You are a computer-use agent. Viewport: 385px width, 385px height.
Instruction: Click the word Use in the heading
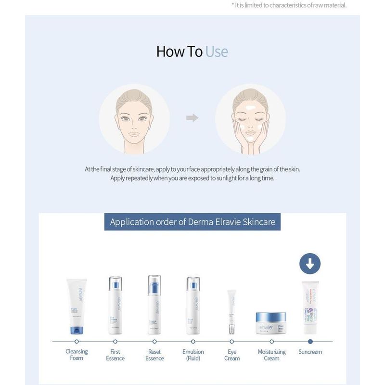click(217, 51)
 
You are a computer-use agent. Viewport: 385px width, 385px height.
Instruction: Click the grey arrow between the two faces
click(192, 118)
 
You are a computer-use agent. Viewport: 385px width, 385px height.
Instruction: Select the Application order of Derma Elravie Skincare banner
click(192, 222)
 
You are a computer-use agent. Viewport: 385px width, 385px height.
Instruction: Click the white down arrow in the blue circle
click(310, 263)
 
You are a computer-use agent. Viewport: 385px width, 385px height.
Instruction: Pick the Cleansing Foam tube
click(77, 306)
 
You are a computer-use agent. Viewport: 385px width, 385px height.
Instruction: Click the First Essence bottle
click(115, 304)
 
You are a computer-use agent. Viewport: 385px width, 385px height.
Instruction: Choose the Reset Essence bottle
click(154, 304)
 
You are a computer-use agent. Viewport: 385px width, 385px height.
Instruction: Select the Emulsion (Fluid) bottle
click(193, 304)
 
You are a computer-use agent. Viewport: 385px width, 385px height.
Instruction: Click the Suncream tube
click(310, 308)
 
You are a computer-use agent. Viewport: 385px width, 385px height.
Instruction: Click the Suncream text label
click(310, 352)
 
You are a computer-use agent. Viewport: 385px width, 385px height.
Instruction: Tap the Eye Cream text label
click(232, 355)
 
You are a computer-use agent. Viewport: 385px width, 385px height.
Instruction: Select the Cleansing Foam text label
click(77, 355)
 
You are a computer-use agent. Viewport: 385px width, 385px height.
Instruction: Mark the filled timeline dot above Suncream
click(310, 341)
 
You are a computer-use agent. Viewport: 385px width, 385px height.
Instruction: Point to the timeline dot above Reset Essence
click(154, 341)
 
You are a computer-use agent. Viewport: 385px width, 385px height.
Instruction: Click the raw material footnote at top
click(289, 5)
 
